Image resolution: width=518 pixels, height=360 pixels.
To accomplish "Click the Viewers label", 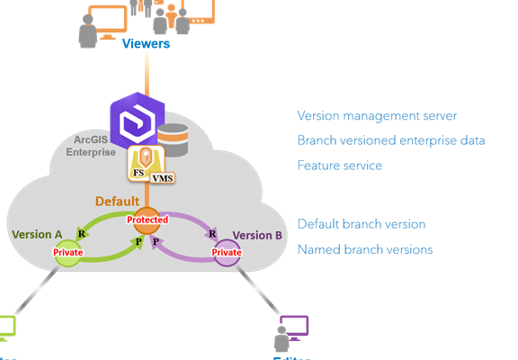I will (146, 43).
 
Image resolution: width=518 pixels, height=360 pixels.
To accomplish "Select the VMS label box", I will (163, 178).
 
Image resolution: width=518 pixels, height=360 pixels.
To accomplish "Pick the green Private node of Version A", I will (68, 253).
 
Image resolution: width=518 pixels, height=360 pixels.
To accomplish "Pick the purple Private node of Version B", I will (226, 253).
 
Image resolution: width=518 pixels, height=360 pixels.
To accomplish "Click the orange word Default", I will (117, 202).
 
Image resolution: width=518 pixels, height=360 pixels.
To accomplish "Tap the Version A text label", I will (37, 235).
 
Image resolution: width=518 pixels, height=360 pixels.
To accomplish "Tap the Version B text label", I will (258, 235).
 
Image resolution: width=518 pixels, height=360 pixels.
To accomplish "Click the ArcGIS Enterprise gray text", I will (91, 146).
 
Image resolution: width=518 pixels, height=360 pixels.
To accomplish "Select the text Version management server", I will (377, 115).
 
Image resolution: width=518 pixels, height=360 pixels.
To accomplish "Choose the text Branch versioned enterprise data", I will (391, 140).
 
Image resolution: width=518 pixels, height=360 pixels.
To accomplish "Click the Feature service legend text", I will (339, 166).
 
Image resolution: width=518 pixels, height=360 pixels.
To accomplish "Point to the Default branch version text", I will (361, 223).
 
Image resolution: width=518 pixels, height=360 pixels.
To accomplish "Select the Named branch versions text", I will (364, 248).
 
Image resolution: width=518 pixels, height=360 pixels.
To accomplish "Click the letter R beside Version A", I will (82, 233).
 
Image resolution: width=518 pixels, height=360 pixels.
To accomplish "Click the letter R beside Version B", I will (212, 233).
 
